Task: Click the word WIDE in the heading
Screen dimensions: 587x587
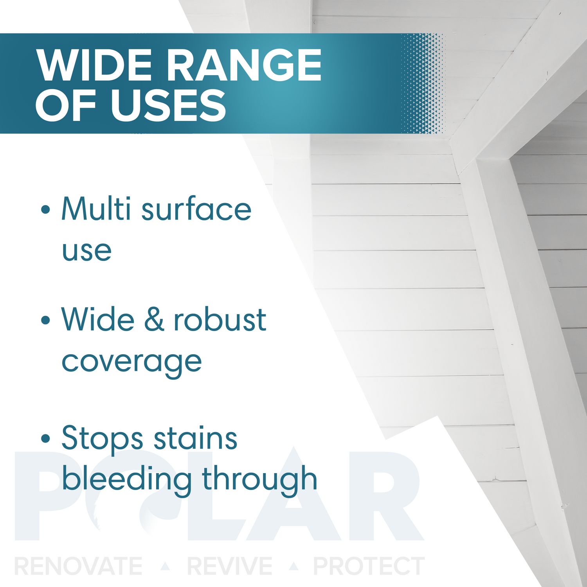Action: click(x=94, y=65)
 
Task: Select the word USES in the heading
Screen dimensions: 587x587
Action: click(x=169, y=105)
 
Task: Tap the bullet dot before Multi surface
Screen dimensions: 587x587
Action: click(x=46, y=209)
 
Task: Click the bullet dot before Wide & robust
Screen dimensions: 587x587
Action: click(x=46, y=320)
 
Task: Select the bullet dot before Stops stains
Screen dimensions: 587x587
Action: click(x=46, y=438)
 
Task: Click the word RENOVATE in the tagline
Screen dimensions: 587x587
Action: click(x=78, y=566)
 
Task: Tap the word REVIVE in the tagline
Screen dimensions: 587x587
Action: click(x=230, y=566)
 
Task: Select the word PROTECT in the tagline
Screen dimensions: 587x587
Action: click(x=369, y=566)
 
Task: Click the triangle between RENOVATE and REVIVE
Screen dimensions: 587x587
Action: click(x=166, y=566)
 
